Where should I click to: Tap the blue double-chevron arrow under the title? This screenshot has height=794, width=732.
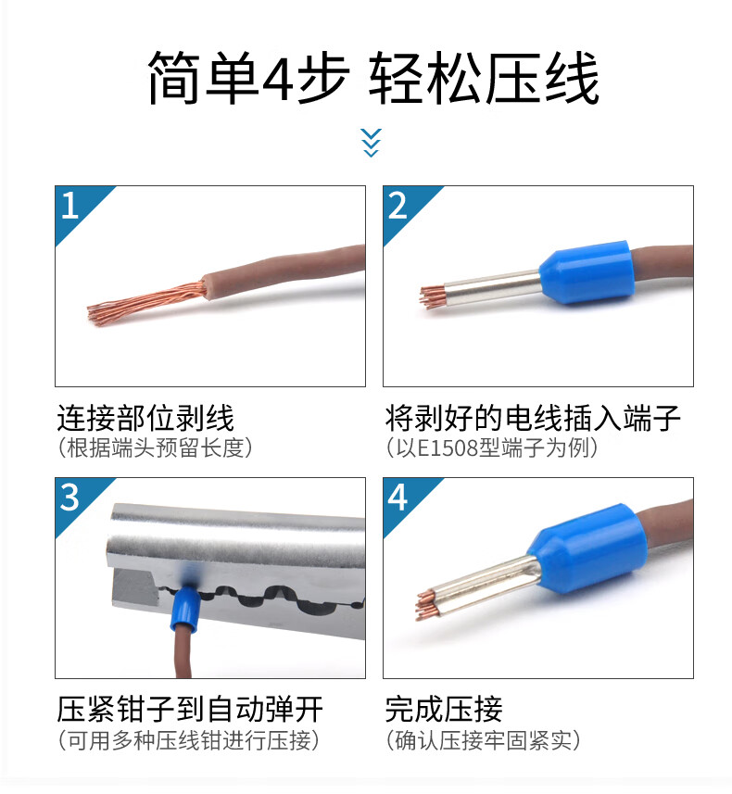[x=371, y=143]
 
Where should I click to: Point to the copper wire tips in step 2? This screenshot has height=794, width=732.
[x=432, y=296]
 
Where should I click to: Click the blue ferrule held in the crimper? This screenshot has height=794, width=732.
[x=185, y=609]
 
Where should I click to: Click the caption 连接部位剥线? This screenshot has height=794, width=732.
[x=145, y=418]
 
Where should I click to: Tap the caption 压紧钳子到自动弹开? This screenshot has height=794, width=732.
[x=189, y=710]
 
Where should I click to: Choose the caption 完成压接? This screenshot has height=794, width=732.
[x=444, y=710]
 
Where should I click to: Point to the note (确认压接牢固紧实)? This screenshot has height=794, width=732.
[x=483, y=740]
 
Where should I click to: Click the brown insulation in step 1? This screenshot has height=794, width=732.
[x=284, y=271]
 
